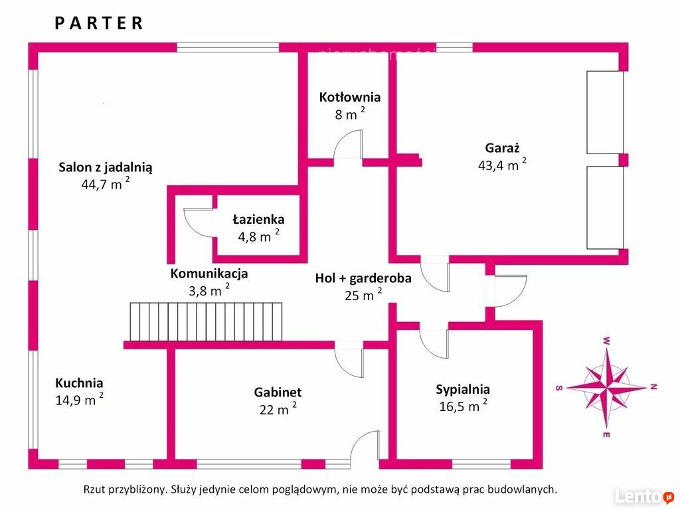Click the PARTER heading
point(99,23)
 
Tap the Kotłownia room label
point(349,97)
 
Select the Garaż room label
point(502,148)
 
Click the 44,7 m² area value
point(106,183)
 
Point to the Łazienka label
point(258,219)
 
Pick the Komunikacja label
point(209,274)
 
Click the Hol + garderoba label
point(363,278)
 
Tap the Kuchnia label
point(79,383)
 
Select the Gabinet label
point(278,392)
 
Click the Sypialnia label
point(463,389)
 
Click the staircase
point(206,322)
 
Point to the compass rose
point(606,386)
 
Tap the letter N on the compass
point(653,387)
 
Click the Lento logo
point(644,496)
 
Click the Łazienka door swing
point(198,223)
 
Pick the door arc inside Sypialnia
point(434,345)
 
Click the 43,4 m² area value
point(502,165)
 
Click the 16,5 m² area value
point(463,406)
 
